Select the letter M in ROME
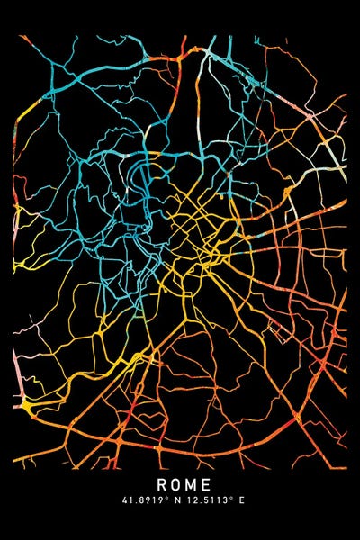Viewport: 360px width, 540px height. pyautogui.click(x=190, y=487)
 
